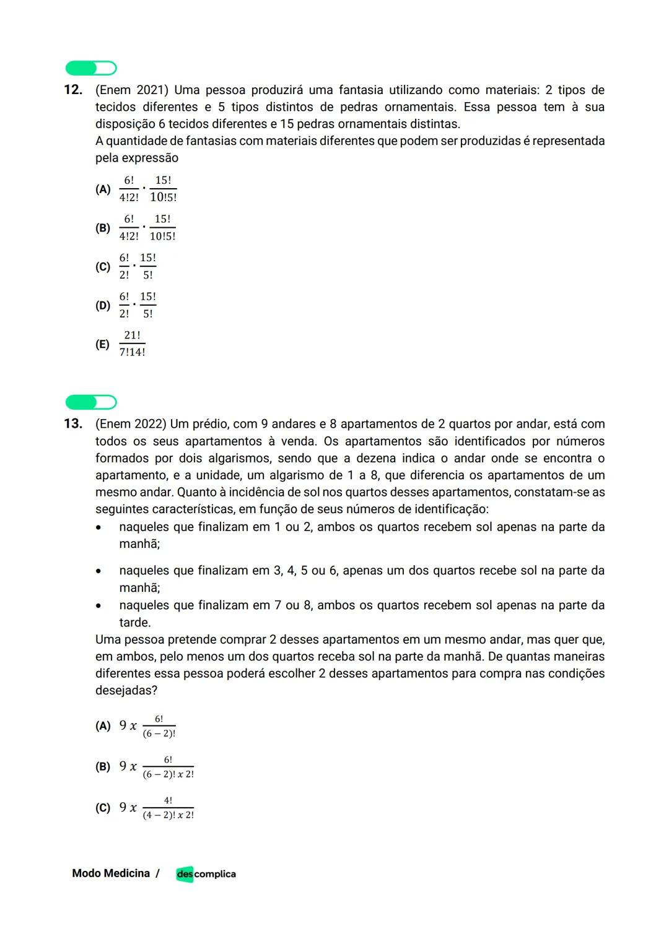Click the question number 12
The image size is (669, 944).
click(x=73, y=90)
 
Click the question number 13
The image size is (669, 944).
click(x=73, y=424)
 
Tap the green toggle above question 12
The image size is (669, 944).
click(x=91, y=68)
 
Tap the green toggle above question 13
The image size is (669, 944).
click(x=91, y=402)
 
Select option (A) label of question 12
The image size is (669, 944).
click(x=103, y=189)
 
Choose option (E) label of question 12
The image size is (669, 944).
click(x=103, y=344)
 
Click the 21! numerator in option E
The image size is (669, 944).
click(x=132, y=336)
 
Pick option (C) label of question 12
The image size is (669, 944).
click(x=103, y=267)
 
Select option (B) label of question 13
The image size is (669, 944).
click(x=103, y=766)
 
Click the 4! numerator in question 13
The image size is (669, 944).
click(x=168, y=800)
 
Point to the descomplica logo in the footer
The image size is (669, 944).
click(x=206, y=874)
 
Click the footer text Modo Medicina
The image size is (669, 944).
click(x=111, y=873)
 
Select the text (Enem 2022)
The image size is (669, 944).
click(x=131, y=424)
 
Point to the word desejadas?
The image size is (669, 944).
click(x=126, y=690)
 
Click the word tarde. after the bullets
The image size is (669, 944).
click(x=135, y=623)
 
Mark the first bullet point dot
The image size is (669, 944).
click(x=98, y=528)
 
